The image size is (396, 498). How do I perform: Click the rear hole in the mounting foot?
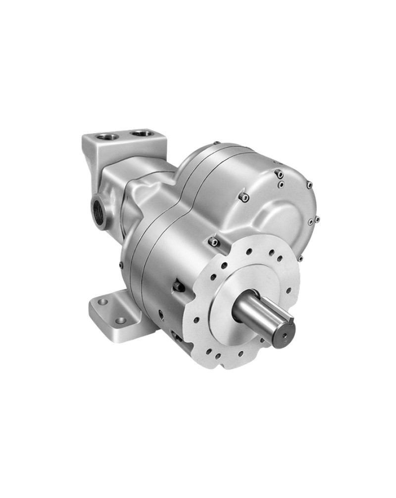(x=102, y=302)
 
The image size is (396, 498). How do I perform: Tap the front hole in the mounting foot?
(x=120, y=320)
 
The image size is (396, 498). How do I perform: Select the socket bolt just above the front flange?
(x=213, y=242)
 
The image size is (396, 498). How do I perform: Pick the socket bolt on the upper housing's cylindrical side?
(x=244, y=197)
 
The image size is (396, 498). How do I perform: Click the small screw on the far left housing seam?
(x=121, y=266)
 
